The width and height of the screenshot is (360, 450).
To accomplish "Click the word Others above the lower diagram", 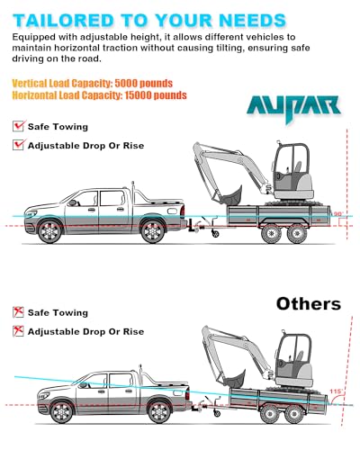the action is pos(309,304).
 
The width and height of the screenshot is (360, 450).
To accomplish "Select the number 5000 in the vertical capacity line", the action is pos(126,83).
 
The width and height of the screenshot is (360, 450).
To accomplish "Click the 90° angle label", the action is pos(338,214).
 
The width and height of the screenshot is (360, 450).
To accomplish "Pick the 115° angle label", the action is pos(336,391).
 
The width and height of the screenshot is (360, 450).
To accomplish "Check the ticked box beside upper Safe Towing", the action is pos(18,126).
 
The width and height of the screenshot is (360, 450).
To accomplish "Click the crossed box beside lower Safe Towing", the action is pos(18,312).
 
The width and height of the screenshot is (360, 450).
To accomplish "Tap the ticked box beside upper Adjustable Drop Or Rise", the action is pos(18,145).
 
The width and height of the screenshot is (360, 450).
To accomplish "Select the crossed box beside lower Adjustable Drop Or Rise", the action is pos(18,331).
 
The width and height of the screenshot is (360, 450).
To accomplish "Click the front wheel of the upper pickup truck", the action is pos(49,231).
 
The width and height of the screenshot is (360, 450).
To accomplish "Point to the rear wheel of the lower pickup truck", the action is pos(159,412).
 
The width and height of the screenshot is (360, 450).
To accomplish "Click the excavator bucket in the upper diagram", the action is pos(231,195).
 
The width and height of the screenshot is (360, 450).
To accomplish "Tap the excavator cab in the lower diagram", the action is pos(294,359).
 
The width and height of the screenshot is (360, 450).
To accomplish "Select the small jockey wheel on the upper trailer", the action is pos(215,233).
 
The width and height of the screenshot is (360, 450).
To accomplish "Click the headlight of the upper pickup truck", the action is pos(31,214).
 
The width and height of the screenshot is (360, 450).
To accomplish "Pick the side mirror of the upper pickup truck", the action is pos(72,202).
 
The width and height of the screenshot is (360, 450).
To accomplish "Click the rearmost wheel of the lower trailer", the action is pos(293,414).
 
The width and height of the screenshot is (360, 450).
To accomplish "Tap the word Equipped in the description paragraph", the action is pos(33,38).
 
